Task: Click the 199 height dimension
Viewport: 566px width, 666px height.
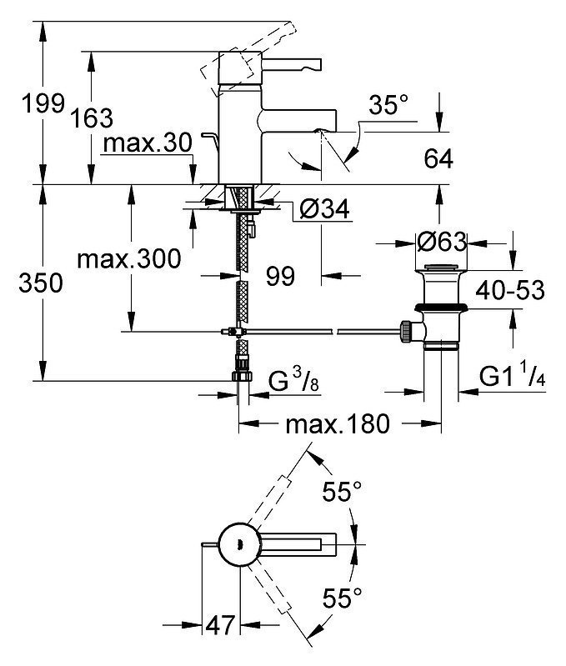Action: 43,103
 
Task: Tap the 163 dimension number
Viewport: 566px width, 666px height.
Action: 92,118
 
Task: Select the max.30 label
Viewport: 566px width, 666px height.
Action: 148,143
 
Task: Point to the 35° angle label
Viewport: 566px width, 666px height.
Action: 388,104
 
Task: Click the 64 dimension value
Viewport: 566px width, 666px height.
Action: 438,159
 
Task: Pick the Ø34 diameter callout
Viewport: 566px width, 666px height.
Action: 325,208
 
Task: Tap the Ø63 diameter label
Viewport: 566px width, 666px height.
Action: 442,242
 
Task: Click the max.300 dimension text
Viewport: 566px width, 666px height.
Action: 129,258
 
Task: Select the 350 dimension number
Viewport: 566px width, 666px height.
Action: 41,283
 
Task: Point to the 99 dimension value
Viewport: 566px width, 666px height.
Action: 280,277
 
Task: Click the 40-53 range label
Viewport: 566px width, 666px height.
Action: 510,291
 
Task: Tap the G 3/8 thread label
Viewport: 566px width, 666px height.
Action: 293,380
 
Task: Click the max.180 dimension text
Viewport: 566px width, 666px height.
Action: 338,424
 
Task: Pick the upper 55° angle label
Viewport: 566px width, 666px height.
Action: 342,492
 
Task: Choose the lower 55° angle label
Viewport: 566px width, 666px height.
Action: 343,598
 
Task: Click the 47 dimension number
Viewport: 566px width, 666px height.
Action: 220,625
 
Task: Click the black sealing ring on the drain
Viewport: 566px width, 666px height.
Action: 442,308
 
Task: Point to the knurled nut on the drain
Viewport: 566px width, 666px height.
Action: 405,331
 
